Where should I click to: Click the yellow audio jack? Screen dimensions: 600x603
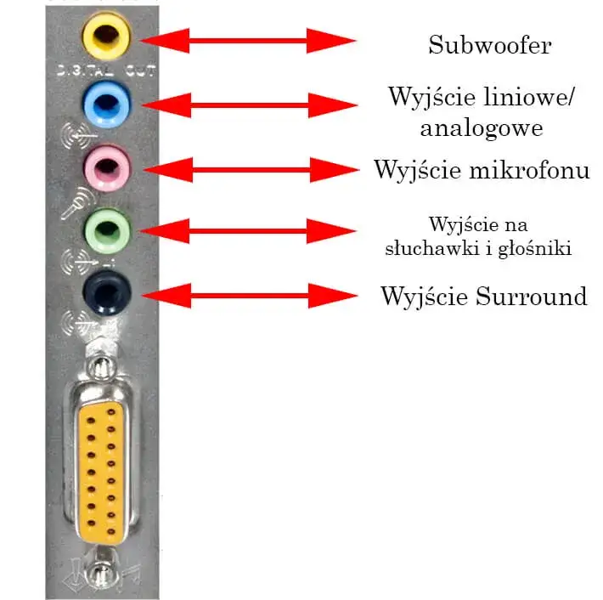[105, 37]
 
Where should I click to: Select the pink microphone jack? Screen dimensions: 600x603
[106, 167]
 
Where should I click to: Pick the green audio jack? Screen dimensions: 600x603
[106, 229]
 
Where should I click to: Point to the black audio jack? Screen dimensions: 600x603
[106, 292]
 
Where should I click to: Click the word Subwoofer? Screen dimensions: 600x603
[489, 44]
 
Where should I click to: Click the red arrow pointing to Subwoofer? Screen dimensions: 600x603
[249, 39]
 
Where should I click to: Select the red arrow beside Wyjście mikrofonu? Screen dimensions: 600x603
[249, 169]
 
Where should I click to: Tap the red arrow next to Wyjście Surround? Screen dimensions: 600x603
[249, 296]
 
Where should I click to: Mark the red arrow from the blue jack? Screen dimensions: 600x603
[249, 105]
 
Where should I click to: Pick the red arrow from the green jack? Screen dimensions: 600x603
[249, 230]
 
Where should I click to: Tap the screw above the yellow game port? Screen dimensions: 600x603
[103, 369]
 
